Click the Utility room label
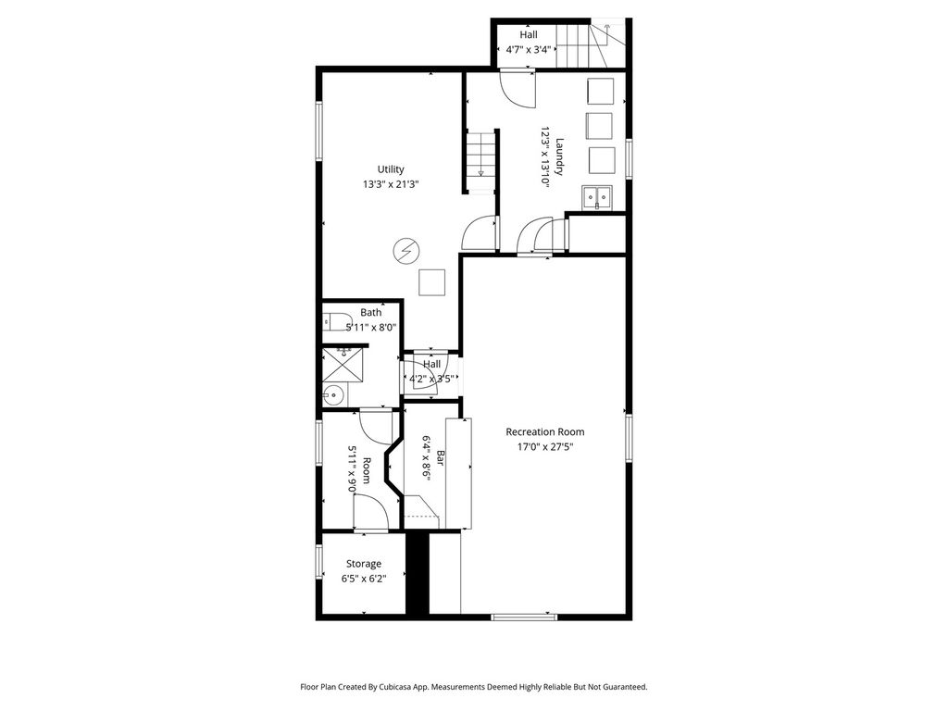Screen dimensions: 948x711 tap(391, 169)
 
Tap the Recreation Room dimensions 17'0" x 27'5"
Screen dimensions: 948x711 tap(544, 447)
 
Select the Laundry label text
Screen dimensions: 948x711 tap(559, 157)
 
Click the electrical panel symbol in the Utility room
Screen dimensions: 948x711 tap(405, 250)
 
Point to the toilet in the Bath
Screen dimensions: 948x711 tap(337, 322)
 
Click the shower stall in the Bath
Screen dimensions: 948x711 tap(343, 365)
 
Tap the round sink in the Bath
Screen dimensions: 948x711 tap(332, 396)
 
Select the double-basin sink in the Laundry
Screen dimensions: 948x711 tap(597, 198)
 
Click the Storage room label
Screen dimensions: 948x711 tap(363, 564)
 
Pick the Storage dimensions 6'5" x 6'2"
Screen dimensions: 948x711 tap(363, 579)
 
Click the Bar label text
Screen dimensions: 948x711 tap(441, 458)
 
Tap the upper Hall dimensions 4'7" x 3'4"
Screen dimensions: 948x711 tap(529, 50)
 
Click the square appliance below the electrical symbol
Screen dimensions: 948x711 tap(432, 282)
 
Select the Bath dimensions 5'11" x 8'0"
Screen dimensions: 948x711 tap(370, 328)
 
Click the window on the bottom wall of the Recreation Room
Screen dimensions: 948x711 tap(524, 617)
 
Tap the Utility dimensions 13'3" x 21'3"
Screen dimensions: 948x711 tap(391, 184)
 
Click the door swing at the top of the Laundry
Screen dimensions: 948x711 tap(518, 89)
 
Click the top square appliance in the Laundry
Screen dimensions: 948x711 tap(600, 92)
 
